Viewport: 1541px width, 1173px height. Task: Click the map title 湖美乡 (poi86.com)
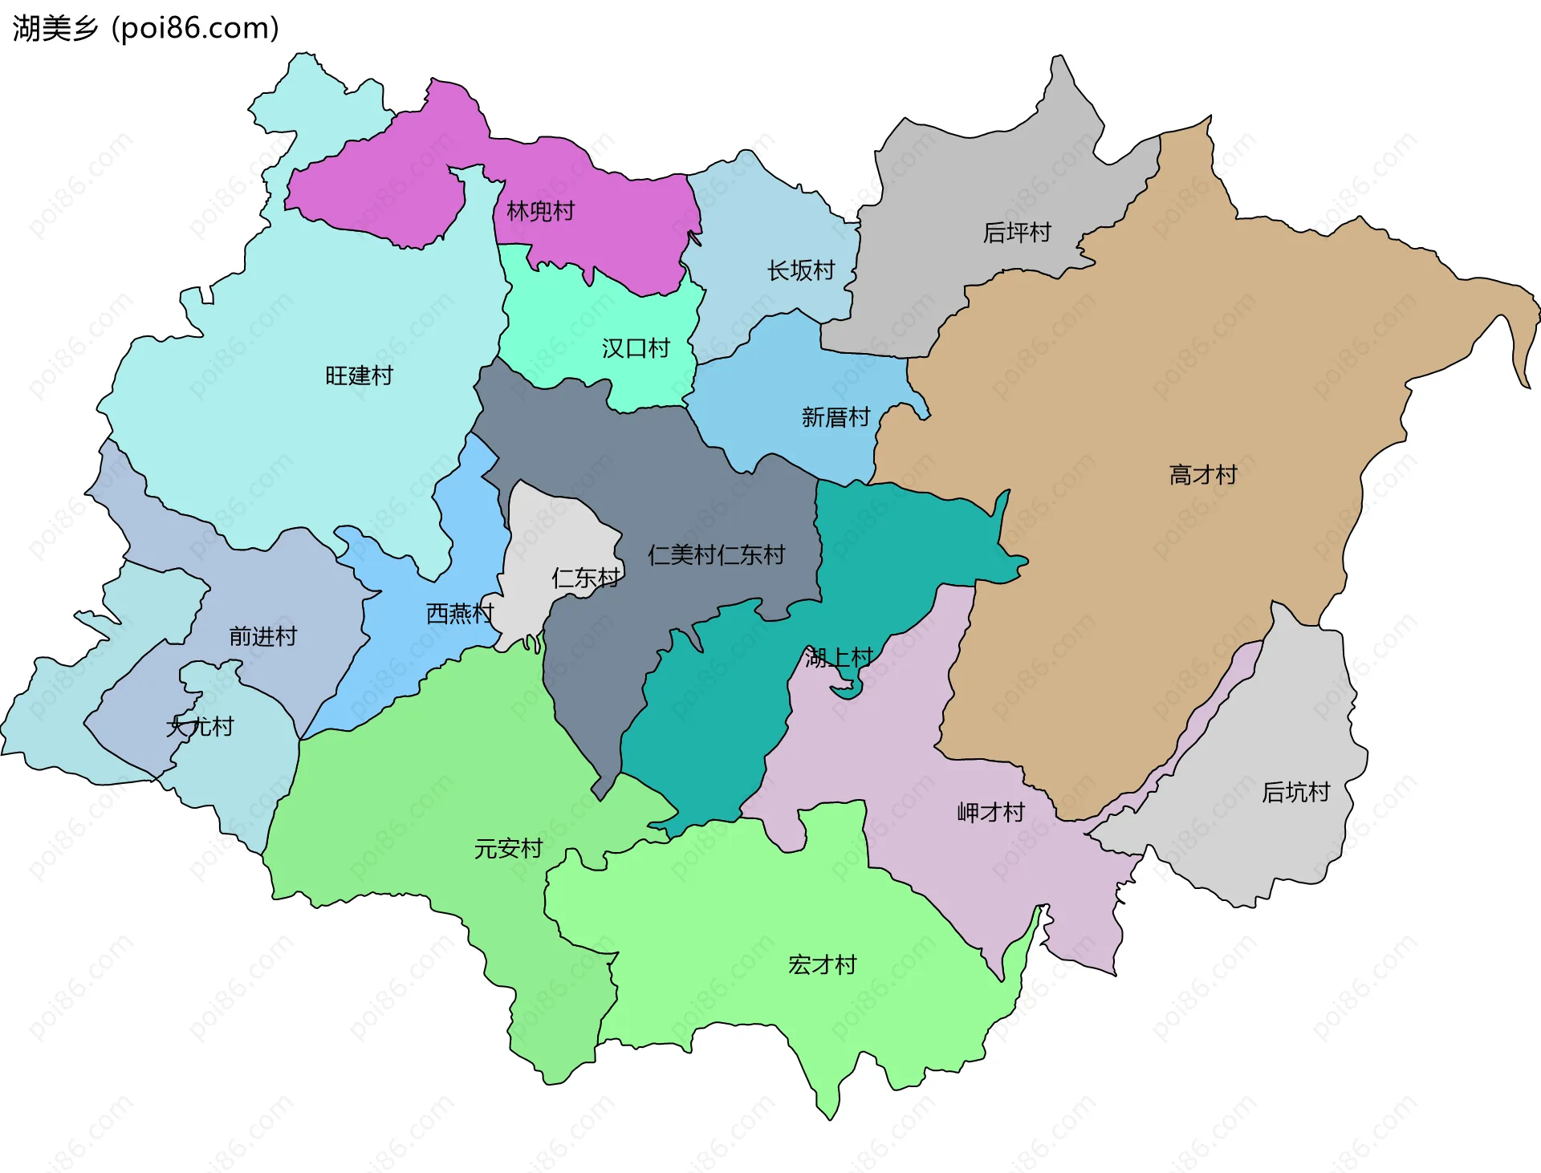coord(146,28)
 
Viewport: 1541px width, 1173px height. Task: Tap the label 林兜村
coord(541,211)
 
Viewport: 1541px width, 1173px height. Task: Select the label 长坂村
coord(801,270)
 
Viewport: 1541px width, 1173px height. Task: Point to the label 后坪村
coord(1017,233)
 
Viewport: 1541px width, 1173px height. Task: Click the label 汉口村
coord(636,348)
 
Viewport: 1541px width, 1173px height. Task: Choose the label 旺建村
coord(359,375)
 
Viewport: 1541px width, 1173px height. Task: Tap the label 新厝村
coord(836,417)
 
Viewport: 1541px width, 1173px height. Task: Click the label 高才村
coord(1203,475)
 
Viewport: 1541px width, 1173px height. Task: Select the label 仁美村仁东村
coord(716,554)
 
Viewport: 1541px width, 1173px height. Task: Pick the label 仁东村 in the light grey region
coord(586,578)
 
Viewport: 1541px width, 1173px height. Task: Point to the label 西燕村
coord(459,614)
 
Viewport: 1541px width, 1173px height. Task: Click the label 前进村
coord(263,636)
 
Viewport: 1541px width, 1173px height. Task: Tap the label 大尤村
coord(200,727)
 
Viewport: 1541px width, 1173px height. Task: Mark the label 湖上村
coord(839,658)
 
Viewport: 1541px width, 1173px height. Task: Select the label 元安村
coord(508,848)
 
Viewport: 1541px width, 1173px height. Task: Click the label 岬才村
coord(991,813)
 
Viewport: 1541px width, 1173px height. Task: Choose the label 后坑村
coord(1295,793)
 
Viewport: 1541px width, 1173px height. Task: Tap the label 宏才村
coord(823,964)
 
